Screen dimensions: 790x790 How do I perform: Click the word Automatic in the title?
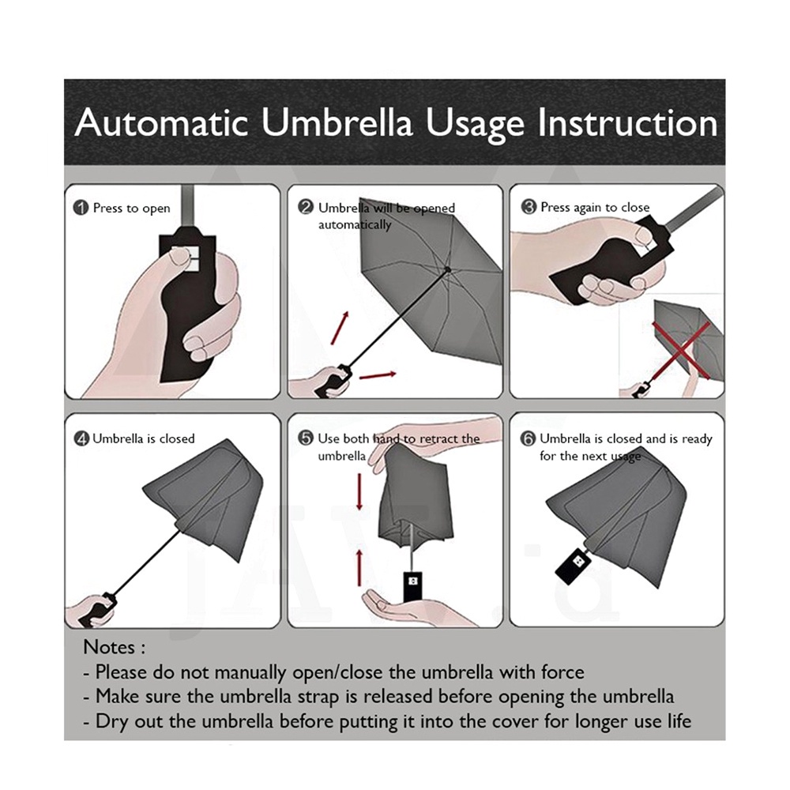pyautogui.click(x=161, y=122)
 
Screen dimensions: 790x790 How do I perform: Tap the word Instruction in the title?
pyautogui.click(x=628, y=122)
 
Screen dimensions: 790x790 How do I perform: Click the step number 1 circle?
pyautogui.click(x=81, y=208)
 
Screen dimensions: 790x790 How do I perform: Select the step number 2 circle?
pyautogui.click(x=306, y=207)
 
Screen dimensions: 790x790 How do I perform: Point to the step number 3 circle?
pyautogui.click(x=529, y=206)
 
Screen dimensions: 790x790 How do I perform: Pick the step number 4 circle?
pyautogui.click(x=81, y=438)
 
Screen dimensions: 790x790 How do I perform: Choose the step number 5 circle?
pyautogui.click(x=306, y=438)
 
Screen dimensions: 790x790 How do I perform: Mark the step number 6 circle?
pyautogui.click(x=528, y=438)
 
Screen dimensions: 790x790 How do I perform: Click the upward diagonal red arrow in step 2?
pyautogui.click(x=340, y=328)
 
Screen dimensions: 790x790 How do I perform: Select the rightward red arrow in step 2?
pyautogui.click(x=378, y=375)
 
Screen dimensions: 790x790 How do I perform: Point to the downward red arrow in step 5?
pyautogui.click(x=359, y=491)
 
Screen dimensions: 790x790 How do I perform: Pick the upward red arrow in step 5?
pyautogui.click(x=359, y=567)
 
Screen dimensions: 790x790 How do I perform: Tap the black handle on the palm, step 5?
pyautogui.click(x=413, y=586)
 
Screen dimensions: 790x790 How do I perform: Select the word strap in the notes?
pyautogui.click(x=318, y=698)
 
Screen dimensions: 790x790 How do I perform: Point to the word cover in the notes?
pyautogui.click(x=515, y=721)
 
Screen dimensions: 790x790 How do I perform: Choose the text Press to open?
pyautogui.click(x=131, y=208)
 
